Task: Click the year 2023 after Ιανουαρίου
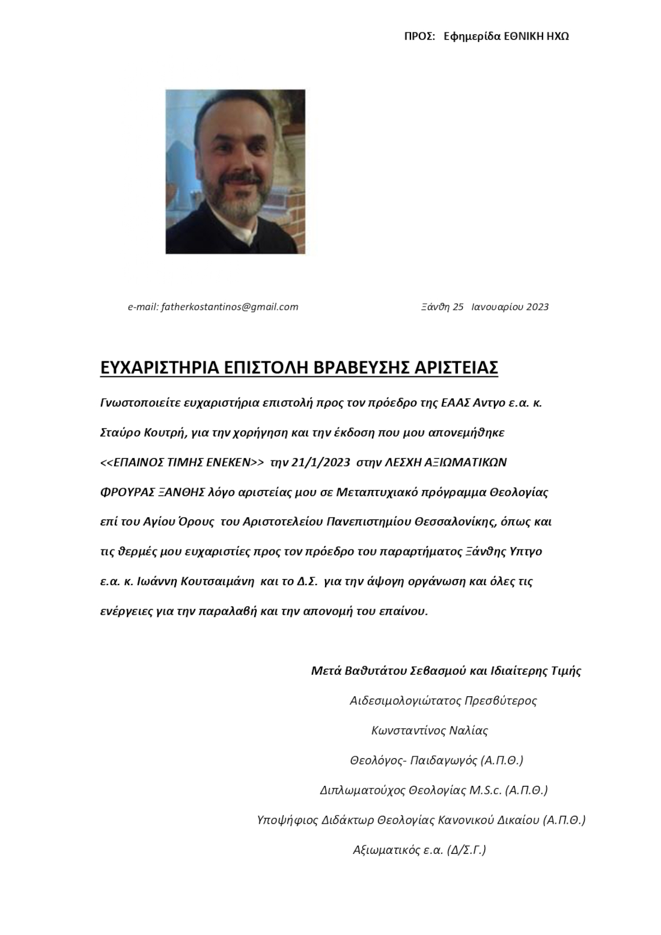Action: pyautogui.click(x=537, y=307)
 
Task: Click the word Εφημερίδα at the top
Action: pyautogui.click(x=467, y=36)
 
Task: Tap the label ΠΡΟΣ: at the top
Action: pyautogui.click(x=419, y=36)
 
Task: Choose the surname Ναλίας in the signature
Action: pyautogui.click(x=468, y=731)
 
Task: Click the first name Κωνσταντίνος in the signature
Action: pyautogui.click(x=409, y=731)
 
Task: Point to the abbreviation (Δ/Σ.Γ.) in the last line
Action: pyautogui.click(x=466, y=850)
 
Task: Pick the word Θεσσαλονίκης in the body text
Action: pyautogui.click(x=454, y=521)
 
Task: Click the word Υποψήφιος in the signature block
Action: pyautogui.click(x=287, y=820)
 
